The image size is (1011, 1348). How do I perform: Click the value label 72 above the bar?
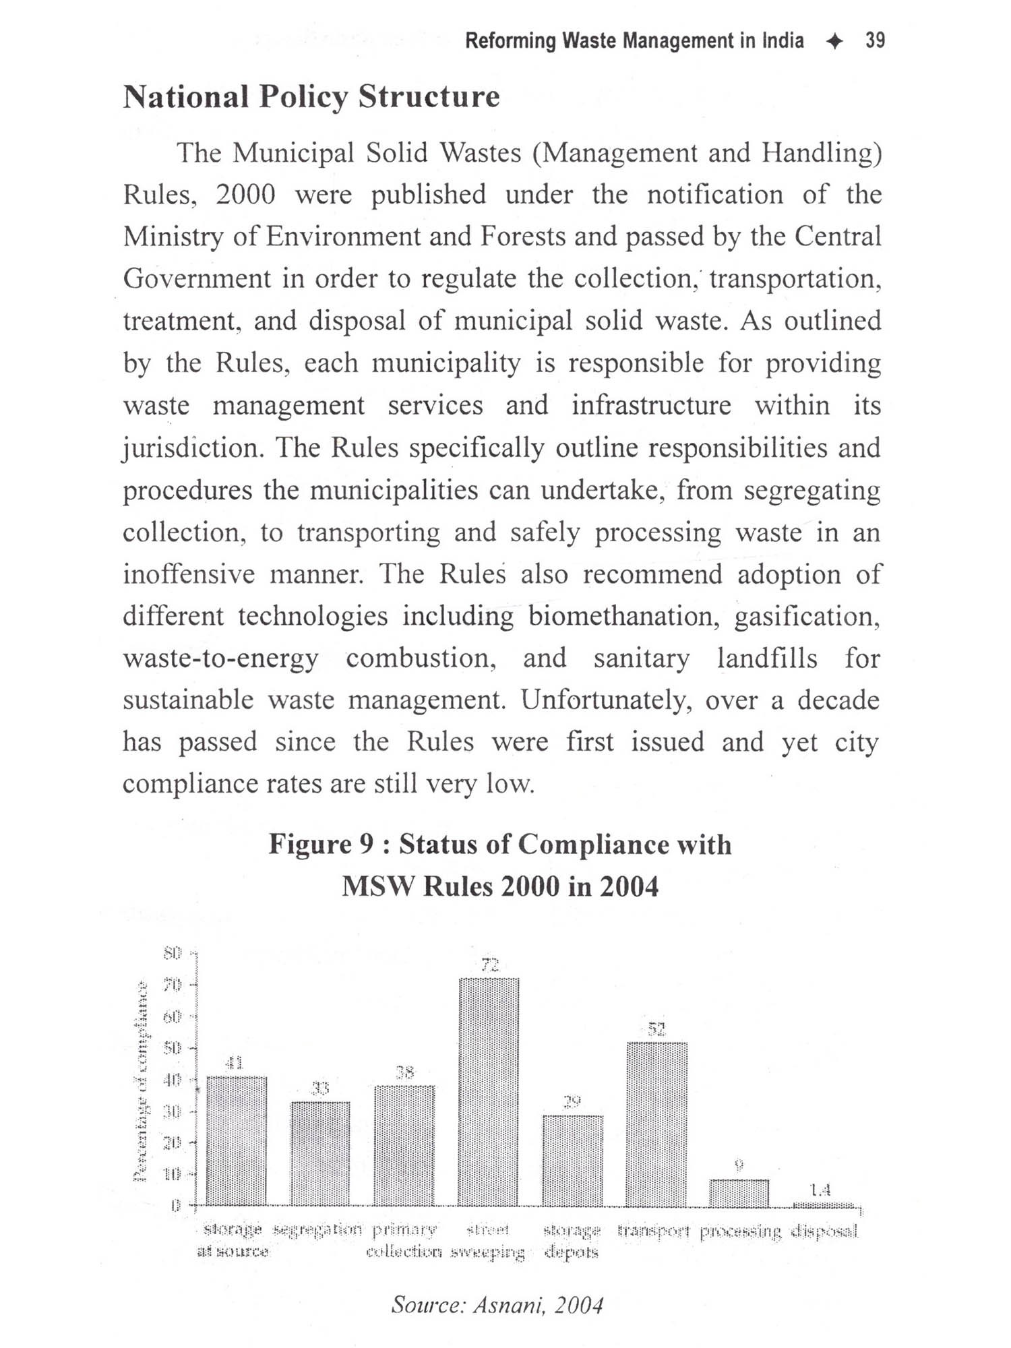[x=490, y=965]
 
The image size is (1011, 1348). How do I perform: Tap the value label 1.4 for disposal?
[x=820, y=1190]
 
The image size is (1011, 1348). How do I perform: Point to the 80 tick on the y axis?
[x=173, y=953]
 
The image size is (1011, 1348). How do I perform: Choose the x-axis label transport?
[x=654, y=1232]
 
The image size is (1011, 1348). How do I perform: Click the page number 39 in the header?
[x=875, y=41]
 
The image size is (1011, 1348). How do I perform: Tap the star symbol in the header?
[x=834, y=42]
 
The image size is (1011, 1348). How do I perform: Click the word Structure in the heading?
[x=429, y=96]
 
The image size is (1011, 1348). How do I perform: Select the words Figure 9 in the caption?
[x=321, y=845]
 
